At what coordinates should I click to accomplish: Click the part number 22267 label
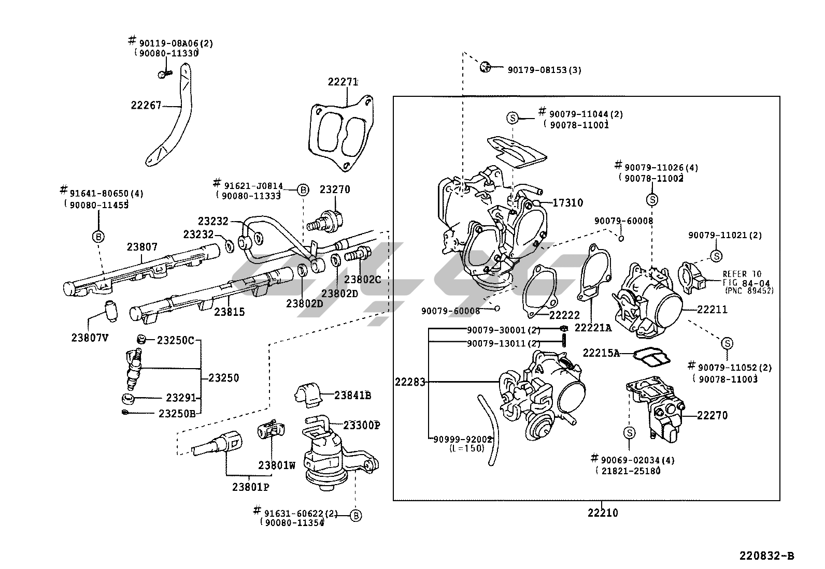[x=146, y=106]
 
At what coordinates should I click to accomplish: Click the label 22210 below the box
[x=602, y=513]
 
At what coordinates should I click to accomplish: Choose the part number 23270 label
[x=334, y=189]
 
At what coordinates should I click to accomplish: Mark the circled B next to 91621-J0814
[x=303, y=190]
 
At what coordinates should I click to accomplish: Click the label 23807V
[x=90, y=338]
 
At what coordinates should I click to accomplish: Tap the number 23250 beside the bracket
[x=223, y=378]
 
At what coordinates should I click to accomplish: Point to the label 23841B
[x=352, y=396]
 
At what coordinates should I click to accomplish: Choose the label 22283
[x=410, y=382]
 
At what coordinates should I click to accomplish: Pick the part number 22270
[x=712, y=415]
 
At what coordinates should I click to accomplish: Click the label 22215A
[x=601, y=353]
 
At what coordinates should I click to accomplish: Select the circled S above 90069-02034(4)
[x=629, y=433]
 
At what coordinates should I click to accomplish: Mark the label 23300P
[x=362, y=425]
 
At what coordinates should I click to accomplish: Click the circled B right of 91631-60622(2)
[x=355, y=516]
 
